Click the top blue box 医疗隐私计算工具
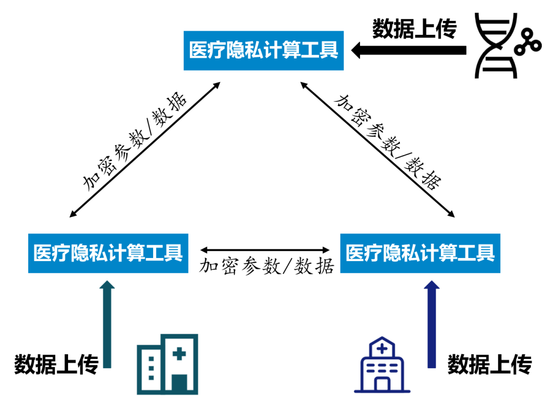coord(264,50)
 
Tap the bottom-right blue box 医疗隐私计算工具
coord(420,253)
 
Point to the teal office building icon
coord(167,364)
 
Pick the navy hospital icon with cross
coord(382,365)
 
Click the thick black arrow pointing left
coord(410,50)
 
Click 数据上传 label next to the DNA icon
coord(414,29)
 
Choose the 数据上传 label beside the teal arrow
coord(56,365)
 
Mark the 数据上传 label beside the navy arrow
coord(490,365)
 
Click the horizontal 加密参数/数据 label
coord(266,266)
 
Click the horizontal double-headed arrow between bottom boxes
coord(265,250)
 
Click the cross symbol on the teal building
coord(179,353)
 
